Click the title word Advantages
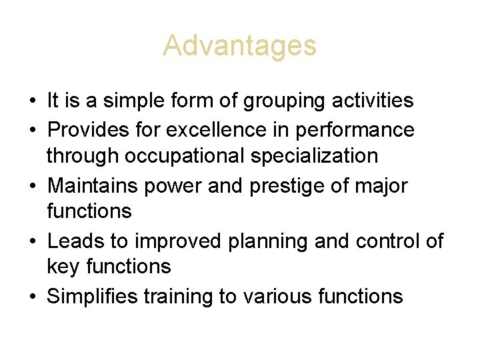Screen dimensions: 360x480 pyautogui.click(x=239, y=46)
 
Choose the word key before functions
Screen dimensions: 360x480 pyautogui.click(x=61, y=267)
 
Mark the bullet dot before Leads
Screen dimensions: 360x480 pyautogui.click(x=33, y=241)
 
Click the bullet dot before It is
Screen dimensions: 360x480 pyautogui.click(x=33, y=102)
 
